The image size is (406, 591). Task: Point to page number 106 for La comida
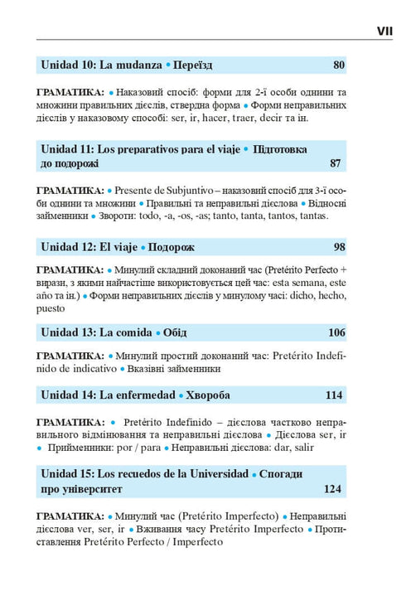tap(335, 332)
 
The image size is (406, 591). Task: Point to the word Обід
tap(174, 332)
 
